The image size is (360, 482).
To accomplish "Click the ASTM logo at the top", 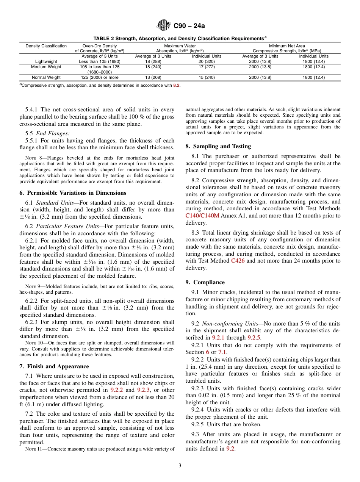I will point(164,26).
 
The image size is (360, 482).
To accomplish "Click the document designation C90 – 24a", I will point(189,26).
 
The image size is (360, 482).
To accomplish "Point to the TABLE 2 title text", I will point(179,39).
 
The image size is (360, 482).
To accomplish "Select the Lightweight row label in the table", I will point(46,61).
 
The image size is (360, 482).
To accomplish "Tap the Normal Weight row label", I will point(46,78).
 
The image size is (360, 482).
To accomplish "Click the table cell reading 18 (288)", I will point(153,61).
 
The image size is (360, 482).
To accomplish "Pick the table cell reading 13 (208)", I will point(153,78).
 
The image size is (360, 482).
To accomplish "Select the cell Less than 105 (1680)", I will point(99,61).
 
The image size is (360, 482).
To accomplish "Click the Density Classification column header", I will point(46,46).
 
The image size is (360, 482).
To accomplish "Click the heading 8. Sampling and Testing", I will point(218,146).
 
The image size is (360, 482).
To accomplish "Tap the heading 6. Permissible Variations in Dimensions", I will point(73,193).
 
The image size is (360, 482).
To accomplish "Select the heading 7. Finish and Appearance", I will point(54,366).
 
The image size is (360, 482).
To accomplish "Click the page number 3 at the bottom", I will point(180,466).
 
